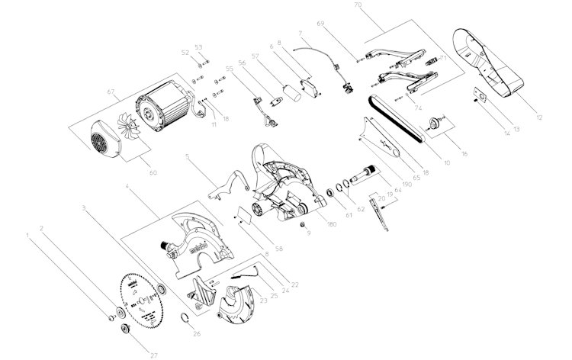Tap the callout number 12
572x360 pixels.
[x=540, y=117]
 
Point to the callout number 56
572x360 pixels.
[x=242, y=63]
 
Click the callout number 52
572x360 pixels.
[x=185, y=52]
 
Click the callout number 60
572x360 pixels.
[x=153, y=173]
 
